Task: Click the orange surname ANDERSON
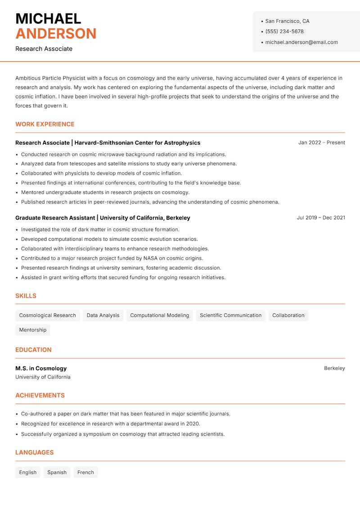point(56,34)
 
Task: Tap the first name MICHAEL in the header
point(48,19)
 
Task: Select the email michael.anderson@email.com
point(301,42)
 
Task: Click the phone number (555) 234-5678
point(284,31)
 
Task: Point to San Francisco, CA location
point(287,21)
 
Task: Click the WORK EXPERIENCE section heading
point(45,124)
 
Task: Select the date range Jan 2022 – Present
point(321,143)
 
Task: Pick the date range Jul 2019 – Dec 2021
point(320,218)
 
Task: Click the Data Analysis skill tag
point(103,315)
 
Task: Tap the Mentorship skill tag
point(32,330)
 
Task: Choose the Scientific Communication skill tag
point(230,315)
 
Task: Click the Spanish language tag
point(57,472)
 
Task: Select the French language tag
point(85,472)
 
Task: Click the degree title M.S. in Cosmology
point(41,368)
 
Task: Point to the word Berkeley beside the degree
point(334,368)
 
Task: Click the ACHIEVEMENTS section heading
point(40,396)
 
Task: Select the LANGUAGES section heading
point(34,453)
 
